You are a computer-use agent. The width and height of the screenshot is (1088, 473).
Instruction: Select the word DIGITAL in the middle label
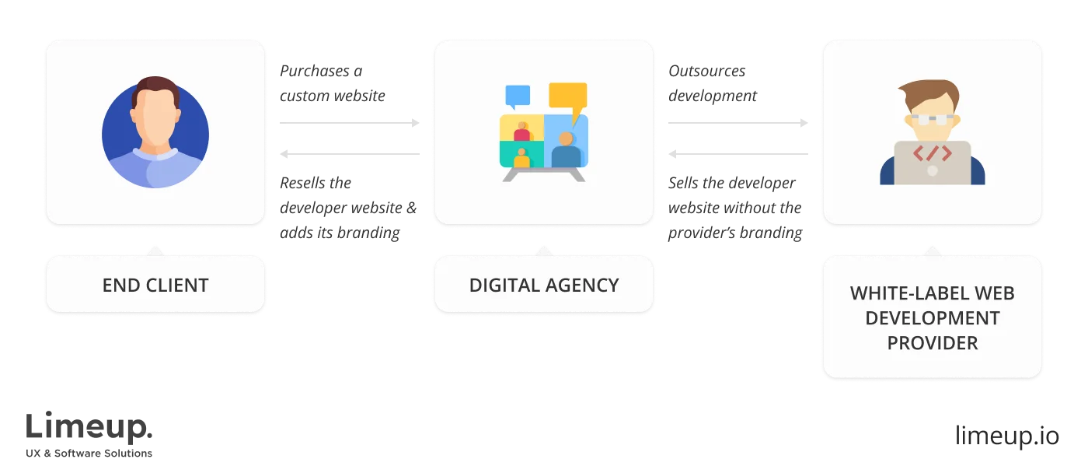(x=502, y=285)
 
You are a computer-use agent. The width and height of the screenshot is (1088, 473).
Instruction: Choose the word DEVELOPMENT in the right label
(x=933, y=318)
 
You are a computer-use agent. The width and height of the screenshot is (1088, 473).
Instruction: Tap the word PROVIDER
(x=933, y=342)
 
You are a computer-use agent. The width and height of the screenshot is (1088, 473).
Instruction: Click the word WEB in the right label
(x=994, y=293)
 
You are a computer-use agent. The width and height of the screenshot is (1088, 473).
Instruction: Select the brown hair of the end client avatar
(x=155, y=88)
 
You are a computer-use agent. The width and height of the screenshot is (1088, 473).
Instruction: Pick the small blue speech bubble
(x=518, y=96)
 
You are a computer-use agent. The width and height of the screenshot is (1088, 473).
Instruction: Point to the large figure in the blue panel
(x=566, y=150)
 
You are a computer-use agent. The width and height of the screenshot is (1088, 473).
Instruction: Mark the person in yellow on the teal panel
(x=521, y=158)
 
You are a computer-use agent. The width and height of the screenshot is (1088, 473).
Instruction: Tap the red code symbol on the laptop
(x=932, y=153)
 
